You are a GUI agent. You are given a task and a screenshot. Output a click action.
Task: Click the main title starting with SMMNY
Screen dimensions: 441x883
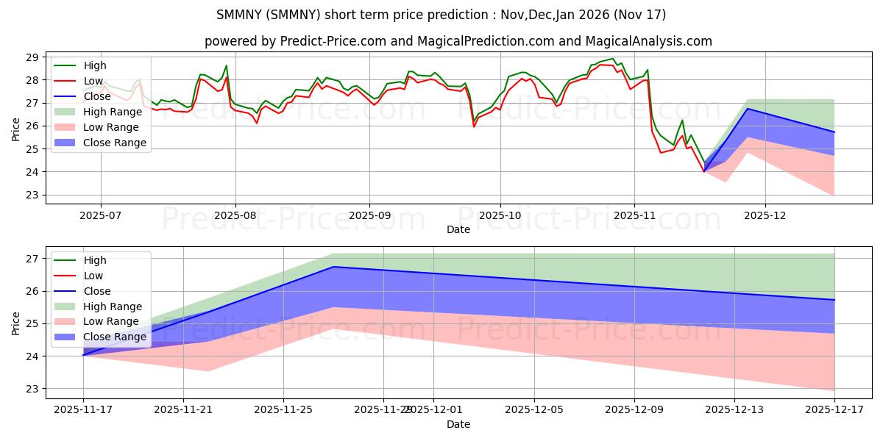[x=441, y=15]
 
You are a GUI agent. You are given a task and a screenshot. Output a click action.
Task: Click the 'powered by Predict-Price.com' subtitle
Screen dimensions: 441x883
[x=458, y=41]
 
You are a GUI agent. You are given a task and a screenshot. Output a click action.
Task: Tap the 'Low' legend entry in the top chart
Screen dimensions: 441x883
[x=95, y=81]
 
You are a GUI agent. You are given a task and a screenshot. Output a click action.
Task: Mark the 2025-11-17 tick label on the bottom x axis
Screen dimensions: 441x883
[x=83, y=410]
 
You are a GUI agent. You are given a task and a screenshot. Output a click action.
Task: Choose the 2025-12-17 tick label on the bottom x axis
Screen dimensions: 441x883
[x=834, y=410]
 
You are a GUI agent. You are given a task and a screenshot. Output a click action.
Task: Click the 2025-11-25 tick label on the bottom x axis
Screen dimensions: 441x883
[x=283, y=410]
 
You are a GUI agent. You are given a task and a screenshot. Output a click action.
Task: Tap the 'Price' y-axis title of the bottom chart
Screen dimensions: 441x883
[x=17, y=323]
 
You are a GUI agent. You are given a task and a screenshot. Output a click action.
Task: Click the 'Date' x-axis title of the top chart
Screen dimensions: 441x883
[x=458, y=230]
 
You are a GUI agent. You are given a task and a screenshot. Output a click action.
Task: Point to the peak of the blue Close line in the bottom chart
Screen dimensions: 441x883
[x=333, y=267]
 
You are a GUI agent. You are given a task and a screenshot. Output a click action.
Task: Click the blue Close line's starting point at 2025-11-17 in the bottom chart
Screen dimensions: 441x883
[x=83, y=355]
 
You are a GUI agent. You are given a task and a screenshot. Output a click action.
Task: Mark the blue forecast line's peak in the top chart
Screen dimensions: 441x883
[x=748, y=109]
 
